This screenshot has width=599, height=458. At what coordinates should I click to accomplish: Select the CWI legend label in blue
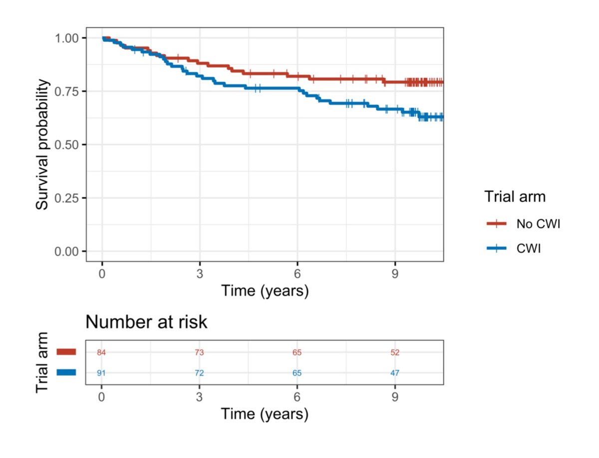coord(529,248)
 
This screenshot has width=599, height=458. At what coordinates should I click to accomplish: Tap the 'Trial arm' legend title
coord(515,197)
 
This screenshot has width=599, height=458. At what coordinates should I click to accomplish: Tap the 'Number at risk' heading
coord(146,322)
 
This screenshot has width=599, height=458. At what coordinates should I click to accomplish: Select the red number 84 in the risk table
coord(102,353)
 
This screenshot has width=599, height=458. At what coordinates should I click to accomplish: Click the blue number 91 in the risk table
coord(102,373)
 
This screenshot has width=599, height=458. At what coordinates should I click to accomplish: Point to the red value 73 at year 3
coord(199,353)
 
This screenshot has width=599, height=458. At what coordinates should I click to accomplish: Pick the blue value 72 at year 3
coord(199,373)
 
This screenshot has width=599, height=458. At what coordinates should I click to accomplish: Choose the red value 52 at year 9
coord(395,353)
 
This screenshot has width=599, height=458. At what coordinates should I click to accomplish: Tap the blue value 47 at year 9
coord(395,373)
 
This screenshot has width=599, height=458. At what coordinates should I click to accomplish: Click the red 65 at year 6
coord(297,353)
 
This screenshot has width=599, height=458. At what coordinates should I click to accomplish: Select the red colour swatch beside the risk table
coord(66,352)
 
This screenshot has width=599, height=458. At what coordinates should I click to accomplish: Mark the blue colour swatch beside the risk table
coord(66,372)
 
